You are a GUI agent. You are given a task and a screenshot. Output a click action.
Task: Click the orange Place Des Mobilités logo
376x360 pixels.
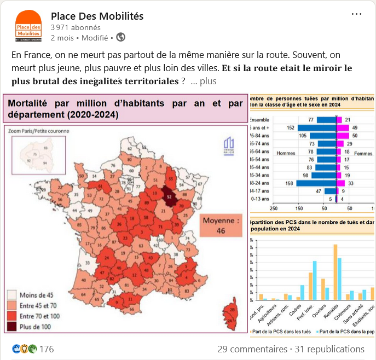29,26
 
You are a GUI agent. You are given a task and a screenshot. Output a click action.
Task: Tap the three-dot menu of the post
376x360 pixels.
356,14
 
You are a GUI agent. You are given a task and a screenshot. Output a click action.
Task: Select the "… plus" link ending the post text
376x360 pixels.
204,82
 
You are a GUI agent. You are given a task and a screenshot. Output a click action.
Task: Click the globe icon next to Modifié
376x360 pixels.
120,38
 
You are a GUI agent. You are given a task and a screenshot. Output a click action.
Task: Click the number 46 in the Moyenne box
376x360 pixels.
221,231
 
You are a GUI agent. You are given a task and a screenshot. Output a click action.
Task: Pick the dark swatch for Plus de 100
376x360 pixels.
12,327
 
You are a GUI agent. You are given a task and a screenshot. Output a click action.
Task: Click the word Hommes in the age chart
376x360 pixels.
286,153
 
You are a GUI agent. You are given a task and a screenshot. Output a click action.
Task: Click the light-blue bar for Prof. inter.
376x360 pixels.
315,280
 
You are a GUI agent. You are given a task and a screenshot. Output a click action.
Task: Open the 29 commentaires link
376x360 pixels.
251,349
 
